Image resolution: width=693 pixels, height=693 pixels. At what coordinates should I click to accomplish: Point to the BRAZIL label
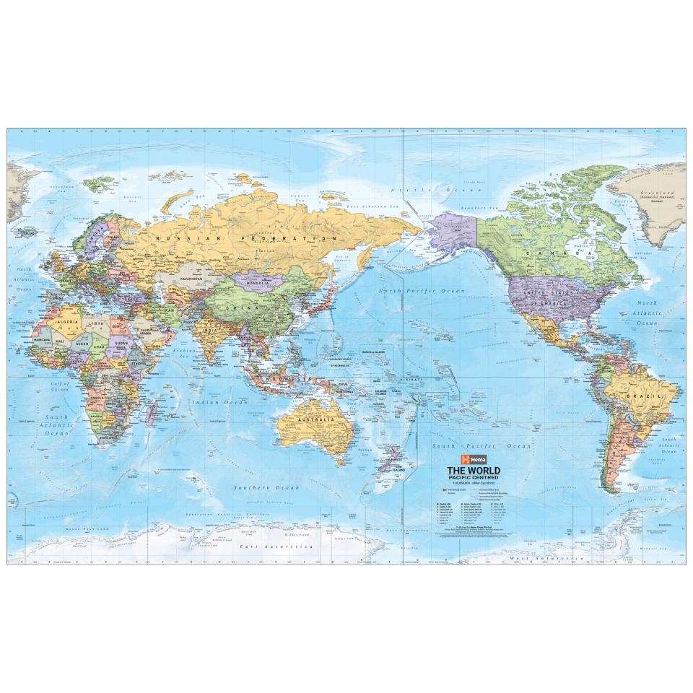point(645,397)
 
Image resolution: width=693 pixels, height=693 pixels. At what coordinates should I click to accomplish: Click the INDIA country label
point(209,331)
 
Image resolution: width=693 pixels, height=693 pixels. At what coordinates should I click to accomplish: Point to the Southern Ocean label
point(266,488)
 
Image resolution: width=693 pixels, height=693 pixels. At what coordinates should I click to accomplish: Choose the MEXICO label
point(548,333)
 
